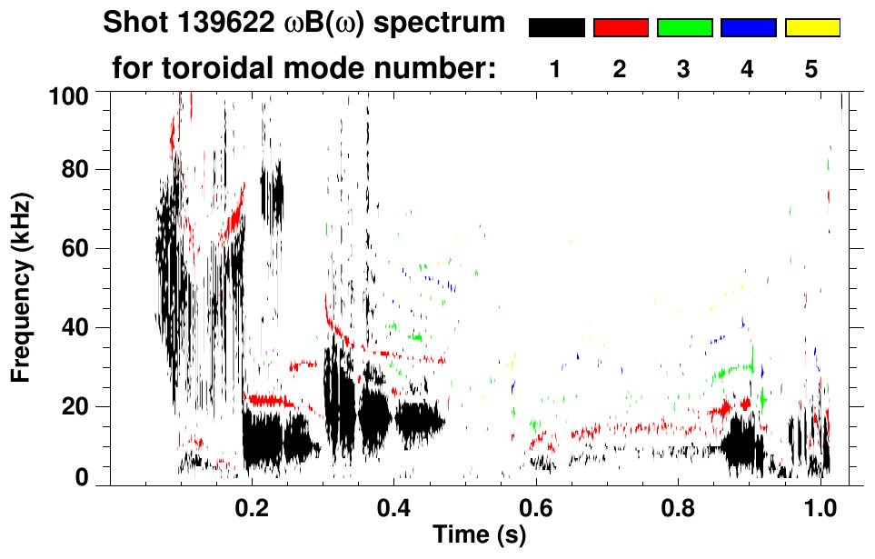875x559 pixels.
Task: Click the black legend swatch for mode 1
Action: [556, 28]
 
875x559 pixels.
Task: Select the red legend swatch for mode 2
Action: [621, 28]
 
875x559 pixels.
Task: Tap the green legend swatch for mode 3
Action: [684, 28]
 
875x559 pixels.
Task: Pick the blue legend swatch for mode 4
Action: [748, 28]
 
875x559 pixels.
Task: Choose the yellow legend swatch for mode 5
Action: [812, 28]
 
